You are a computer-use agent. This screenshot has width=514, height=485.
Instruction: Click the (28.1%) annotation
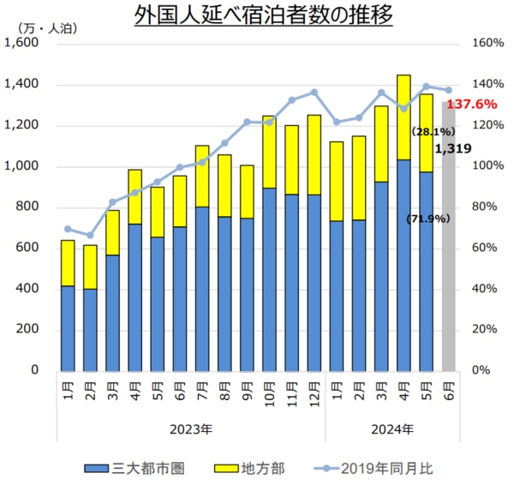432,132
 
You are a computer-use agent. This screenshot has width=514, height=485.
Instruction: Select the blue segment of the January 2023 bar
68,327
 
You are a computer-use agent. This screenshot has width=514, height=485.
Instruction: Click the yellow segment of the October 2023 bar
269,152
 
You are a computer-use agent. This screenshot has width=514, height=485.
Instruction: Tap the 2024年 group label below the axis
392,428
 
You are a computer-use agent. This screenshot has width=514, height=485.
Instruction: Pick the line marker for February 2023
90,235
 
